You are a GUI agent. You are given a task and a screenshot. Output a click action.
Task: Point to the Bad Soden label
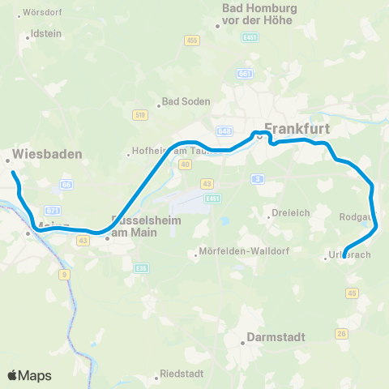tap(186, 102)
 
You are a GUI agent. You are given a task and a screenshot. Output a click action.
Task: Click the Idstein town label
tap(45, 35)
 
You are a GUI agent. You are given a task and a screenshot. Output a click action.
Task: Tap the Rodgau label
tap(357, 216)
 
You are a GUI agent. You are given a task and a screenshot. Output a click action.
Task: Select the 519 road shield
tap(141, 115)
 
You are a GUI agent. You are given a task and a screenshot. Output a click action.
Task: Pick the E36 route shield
tap(142, 268)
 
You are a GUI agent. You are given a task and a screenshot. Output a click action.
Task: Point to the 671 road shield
tap(53, 209)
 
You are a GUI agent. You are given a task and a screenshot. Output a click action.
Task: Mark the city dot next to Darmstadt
tap(242, 343)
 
